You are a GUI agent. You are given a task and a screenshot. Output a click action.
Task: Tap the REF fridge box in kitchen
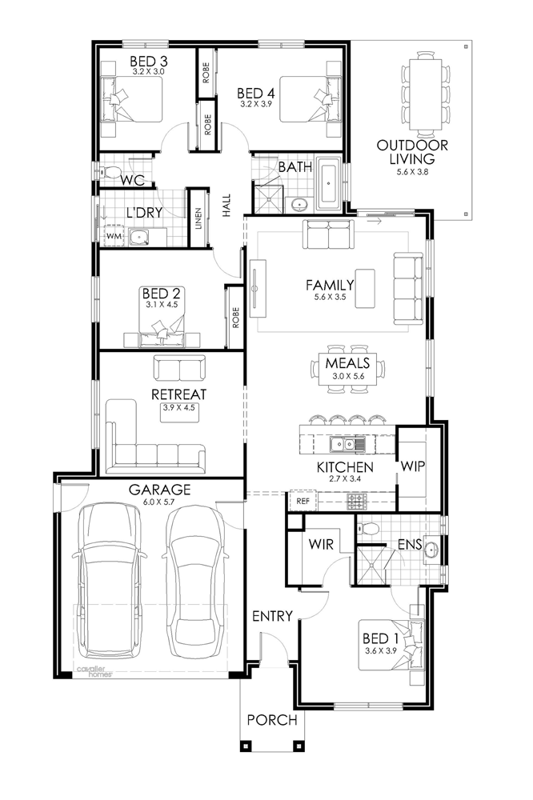point(303,501)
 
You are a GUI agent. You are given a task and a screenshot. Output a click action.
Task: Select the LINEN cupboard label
point(198,219)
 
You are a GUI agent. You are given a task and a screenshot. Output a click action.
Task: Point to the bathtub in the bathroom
point(329,184)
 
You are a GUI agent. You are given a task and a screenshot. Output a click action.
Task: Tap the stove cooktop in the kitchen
point(357,501)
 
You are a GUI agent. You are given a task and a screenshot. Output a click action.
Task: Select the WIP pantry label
point(412,466)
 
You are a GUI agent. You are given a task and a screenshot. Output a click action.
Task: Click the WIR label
point(321,544)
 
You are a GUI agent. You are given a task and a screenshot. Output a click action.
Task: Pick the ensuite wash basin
point(431,550)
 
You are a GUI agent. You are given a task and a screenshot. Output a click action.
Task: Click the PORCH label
point(272,720)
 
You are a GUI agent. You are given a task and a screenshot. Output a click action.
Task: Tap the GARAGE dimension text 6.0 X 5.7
point(159,502)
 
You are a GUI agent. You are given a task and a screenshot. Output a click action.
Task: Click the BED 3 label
point(149,62)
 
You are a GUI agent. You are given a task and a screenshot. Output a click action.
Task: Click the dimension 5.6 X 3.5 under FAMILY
point(329,297)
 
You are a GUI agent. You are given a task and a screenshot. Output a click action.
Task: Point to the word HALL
point(226,205)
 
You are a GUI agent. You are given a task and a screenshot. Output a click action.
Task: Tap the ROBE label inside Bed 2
point(235,318)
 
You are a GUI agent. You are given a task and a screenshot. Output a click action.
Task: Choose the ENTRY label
point(273,616)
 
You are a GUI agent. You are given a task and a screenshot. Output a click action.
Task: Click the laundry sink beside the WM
point(138,236)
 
